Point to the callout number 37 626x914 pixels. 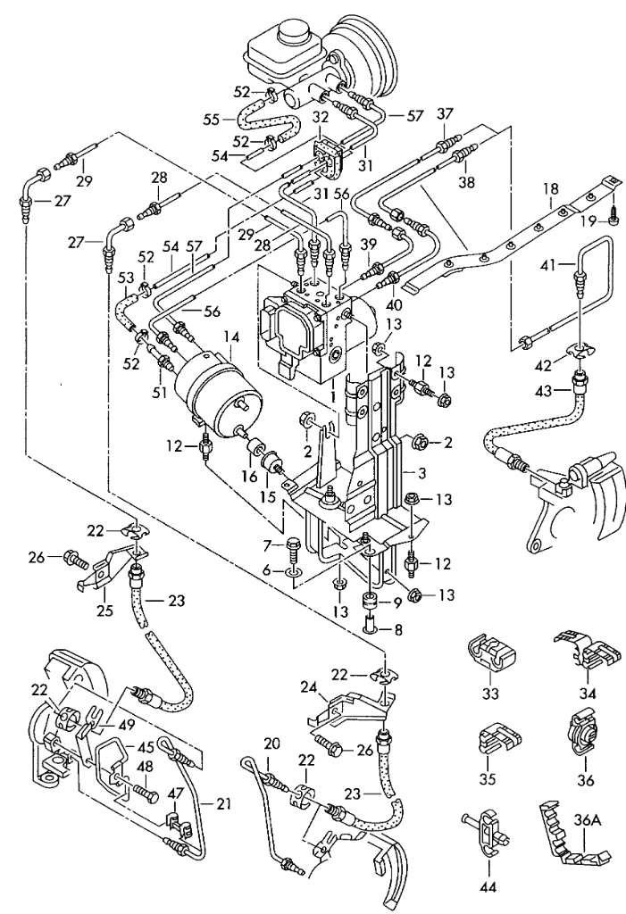tap(444, 113)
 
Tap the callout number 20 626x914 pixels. tap(271, 744)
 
